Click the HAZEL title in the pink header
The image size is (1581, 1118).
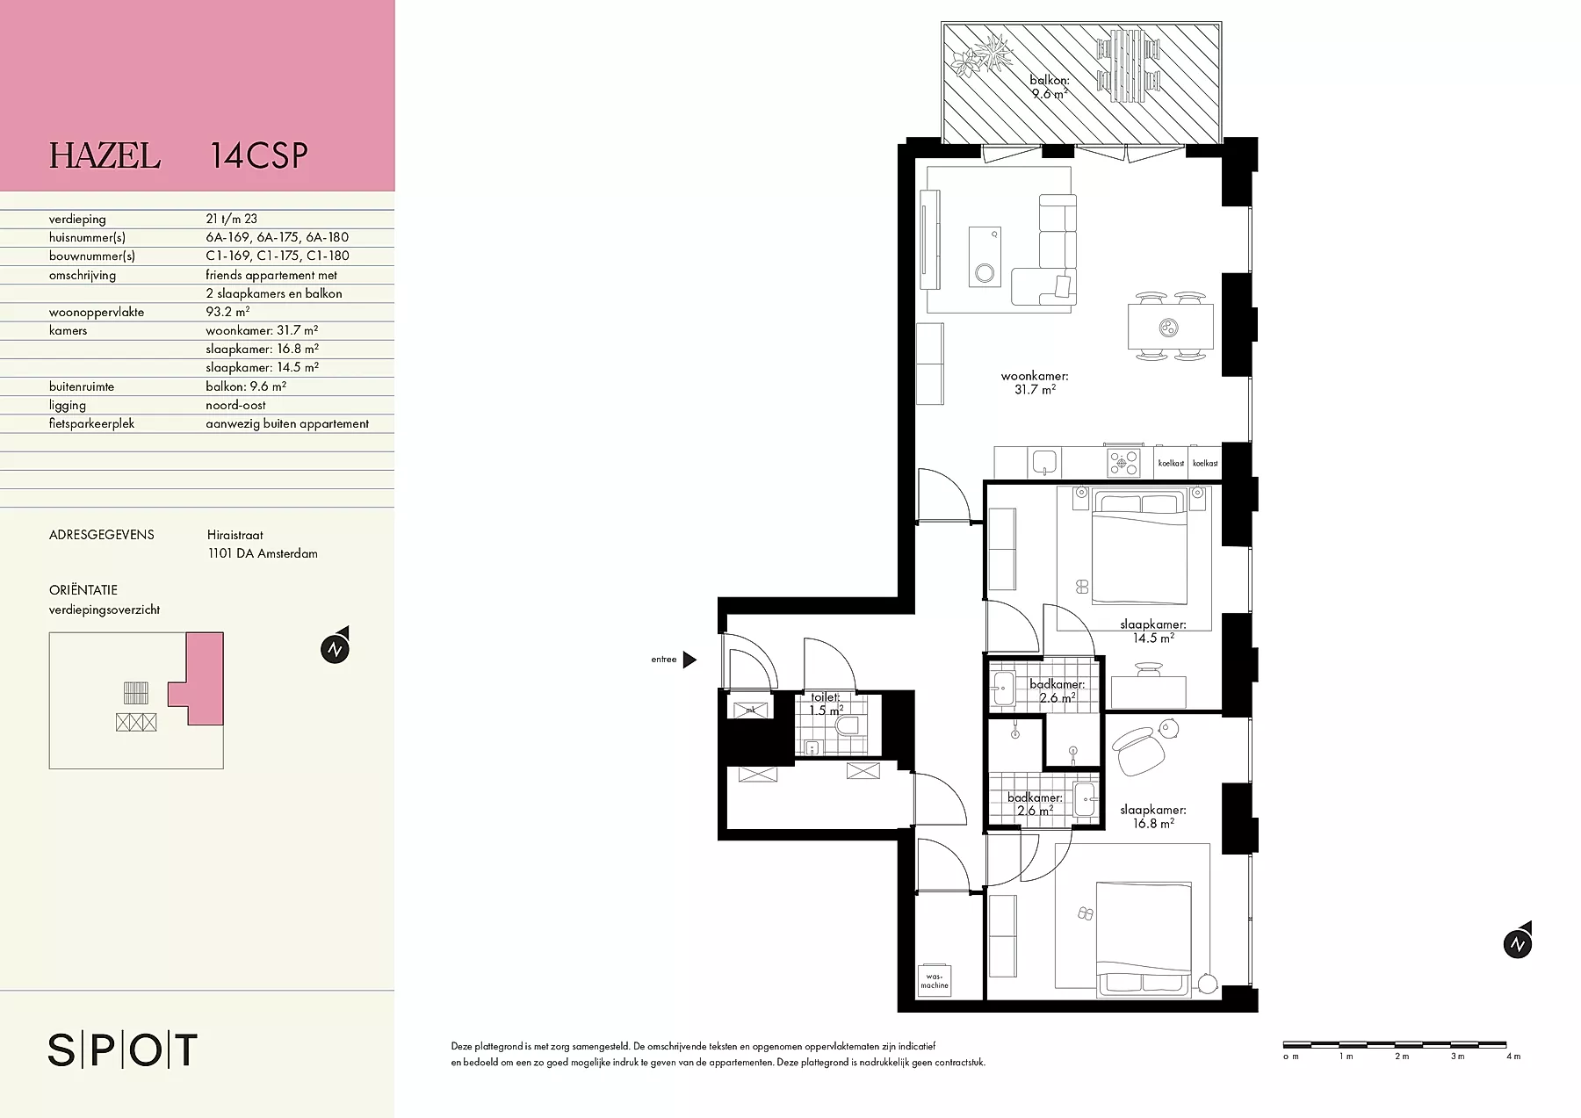[105, 155]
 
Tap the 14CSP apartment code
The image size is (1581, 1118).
[259, 155]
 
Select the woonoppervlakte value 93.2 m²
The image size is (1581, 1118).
[227, 312]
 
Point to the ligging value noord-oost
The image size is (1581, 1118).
[235, 405]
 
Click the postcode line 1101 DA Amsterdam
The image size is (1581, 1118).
[263, 553]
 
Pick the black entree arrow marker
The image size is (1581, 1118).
[689, 660]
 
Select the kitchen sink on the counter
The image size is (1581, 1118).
[1043, 462]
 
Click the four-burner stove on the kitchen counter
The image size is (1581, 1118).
[1123, 462]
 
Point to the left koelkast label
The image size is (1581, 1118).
[1170, 463]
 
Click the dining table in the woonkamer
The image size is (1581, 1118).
[1171, 327]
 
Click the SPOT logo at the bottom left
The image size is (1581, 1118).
[122, 1050]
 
